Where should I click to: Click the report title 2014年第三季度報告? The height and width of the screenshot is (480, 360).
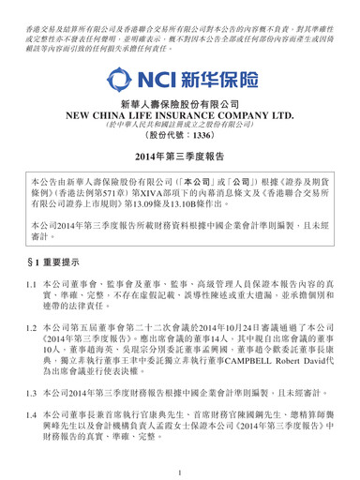pos(179,179)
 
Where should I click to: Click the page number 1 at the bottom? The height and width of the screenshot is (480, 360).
pos(180,468)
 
